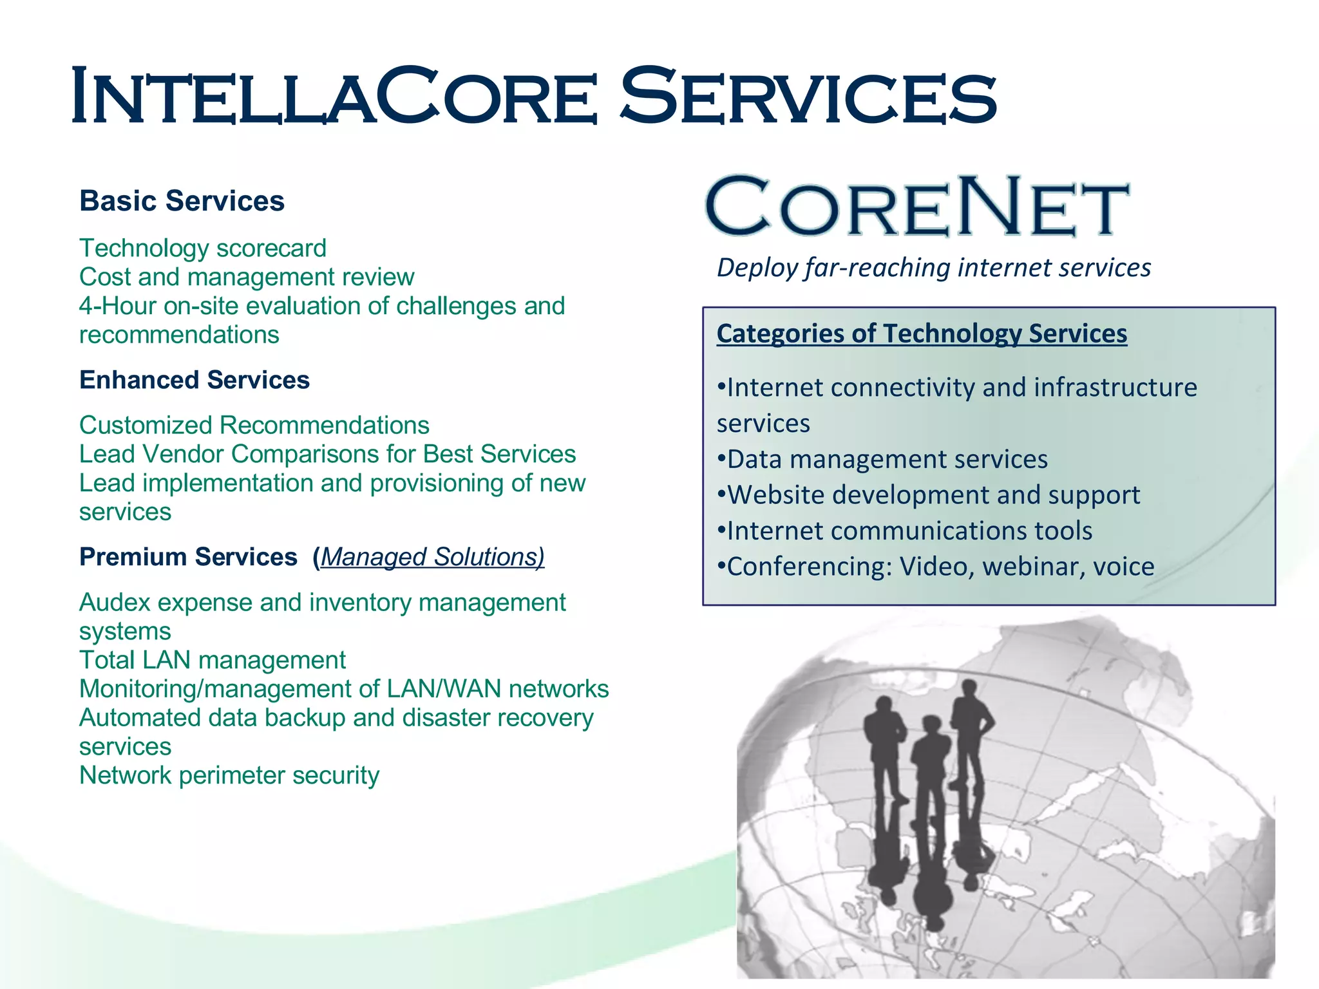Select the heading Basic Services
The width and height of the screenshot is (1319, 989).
[182, 201]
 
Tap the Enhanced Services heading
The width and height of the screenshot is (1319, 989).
[195, 380]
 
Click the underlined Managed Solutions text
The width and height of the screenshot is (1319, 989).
[432, 557]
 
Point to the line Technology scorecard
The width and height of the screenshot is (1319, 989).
[203, 249]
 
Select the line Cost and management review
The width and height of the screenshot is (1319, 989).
[247, 277]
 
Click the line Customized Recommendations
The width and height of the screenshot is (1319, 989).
[254, 426]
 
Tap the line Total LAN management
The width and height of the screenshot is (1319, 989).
[213, 660]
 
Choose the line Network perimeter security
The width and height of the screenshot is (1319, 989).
[229, 775]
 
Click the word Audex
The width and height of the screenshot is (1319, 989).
[115, 603]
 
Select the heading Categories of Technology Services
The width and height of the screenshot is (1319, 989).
[922, 334]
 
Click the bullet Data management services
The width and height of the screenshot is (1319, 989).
[883, 460]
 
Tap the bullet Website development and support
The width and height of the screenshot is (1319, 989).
[929, 495]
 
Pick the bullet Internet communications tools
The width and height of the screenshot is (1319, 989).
[905, 531]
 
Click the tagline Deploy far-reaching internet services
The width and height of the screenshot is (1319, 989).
[934, 268]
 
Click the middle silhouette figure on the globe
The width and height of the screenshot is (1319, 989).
[930, 786]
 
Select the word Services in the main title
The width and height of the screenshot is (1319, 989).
[808, 97]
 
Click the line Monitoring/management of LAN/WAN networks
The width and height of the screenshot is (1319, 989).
[344, 689]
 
